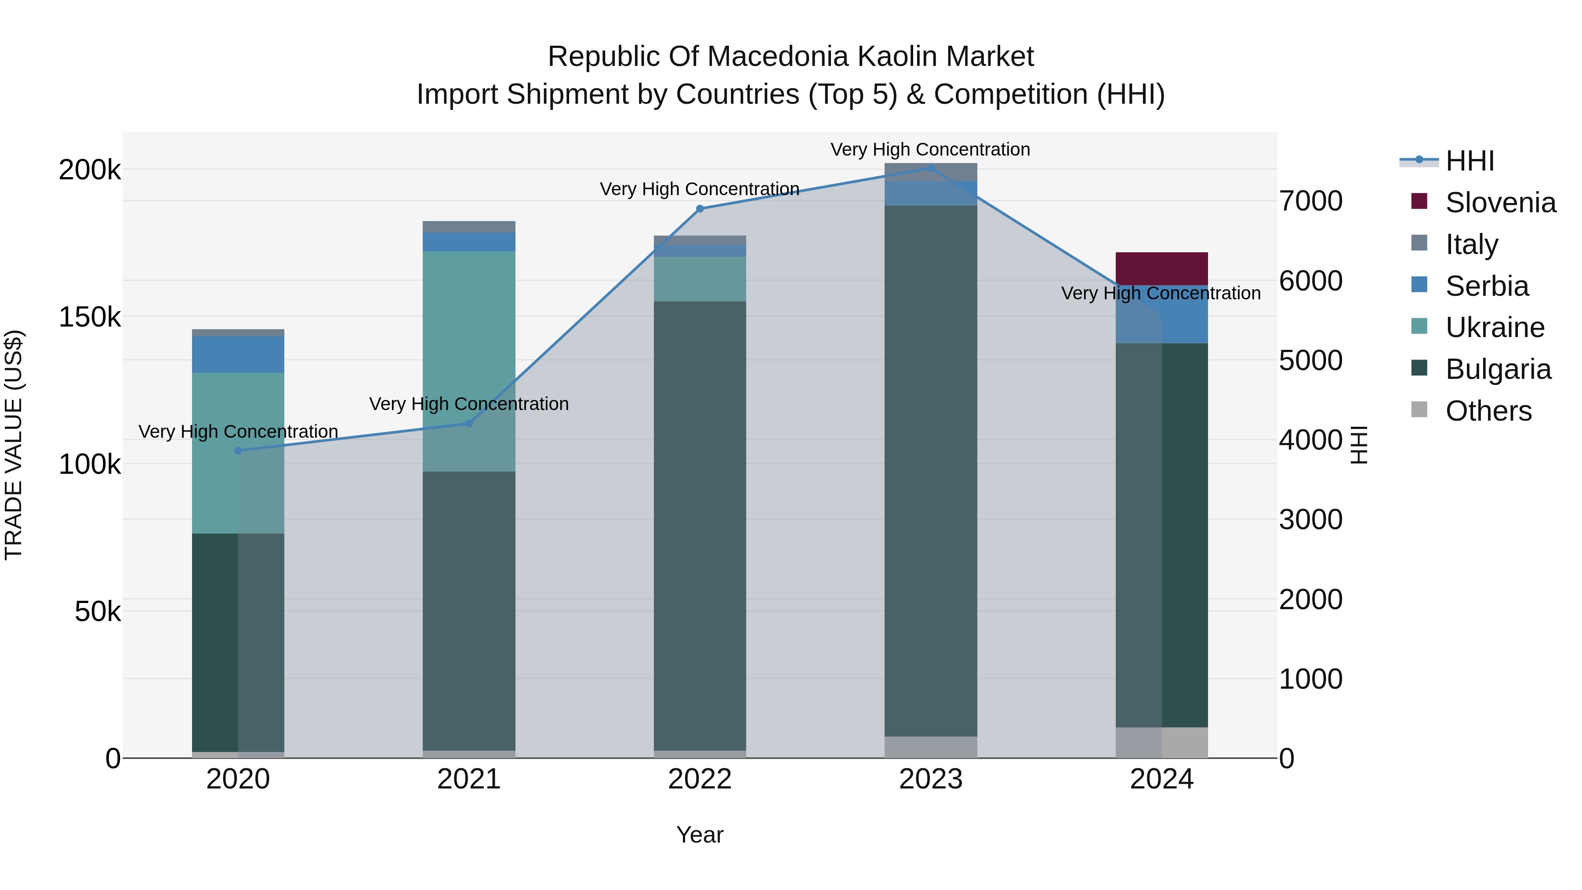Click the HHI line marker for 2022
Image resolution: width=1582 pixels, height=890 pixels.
point(700,209)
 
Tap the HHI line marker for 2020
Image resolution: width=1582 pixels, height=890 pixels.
point(238,451)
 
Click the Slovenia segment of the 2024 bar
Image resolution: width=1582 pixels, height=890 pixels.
point(1161,269)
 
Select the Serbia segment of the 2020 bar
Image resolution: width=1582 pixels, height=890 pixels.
point(238,354)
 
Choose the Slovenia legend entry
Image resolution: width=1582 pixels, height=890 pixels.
point(1500,203)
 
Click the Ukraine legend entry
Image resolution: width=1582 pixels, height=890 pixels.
point(1495,327)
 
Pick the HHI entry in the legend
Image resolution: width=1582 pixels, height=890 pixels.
point(1470,161)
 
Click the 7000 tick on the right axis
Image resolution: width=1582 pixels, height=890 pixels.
point(1310,201)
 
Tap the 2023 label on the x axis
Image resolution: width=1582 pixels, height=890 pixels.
point(930,779)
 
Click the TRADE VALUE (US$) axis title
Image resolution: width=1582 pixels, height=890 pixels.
point(14,445)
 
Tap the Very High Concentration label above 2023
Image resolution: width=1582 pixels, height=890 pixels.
point(930,149)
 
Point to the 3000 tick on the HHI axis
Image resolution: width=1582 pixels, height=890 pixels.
point(1310,519)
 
